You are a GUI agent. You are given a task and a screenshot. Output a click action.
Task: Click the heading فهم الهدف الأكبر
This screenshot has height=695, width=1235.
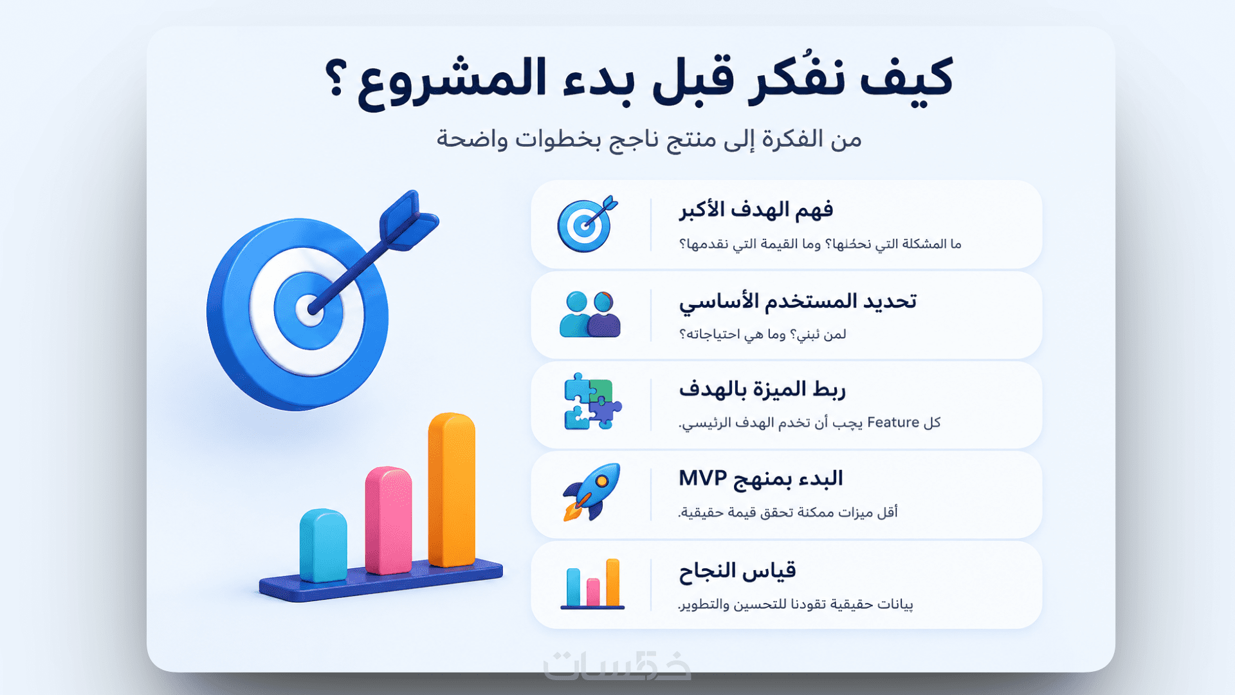756,210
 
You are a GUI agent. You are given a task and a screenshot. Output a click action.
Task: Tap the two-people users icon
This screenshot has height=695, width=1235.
590,314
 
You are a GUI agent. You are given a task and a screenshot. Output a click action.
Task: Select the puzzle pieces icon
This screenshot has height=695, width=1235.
592,401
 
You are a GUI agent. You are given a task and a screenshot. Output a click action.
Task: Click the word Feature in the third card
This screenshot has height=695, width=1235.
893,422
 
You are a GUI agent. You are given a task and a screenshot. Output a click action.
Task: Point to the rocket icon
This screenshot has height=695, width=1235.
592,492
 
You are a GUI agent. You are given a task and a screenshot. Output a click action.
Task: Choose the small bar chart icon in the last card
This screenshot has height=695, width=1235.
592,584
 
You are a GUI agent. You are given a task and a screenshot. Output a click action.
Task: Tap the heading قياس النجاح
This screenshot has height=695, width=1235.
738,571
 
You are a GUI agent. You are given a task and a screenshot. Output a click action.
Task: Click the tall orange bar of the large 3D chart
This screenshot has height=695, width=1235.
452,489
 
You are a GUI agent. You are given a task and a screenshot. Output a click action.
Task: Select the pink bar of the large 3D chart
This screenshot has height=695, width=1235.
389,520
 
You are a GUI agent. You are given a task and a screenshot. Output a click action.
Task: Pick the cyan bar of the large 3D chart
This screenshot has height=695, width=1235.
324,546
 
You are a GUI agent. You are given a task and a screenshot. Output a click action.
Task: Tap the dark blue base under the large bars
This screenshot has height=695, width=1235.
381,580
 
